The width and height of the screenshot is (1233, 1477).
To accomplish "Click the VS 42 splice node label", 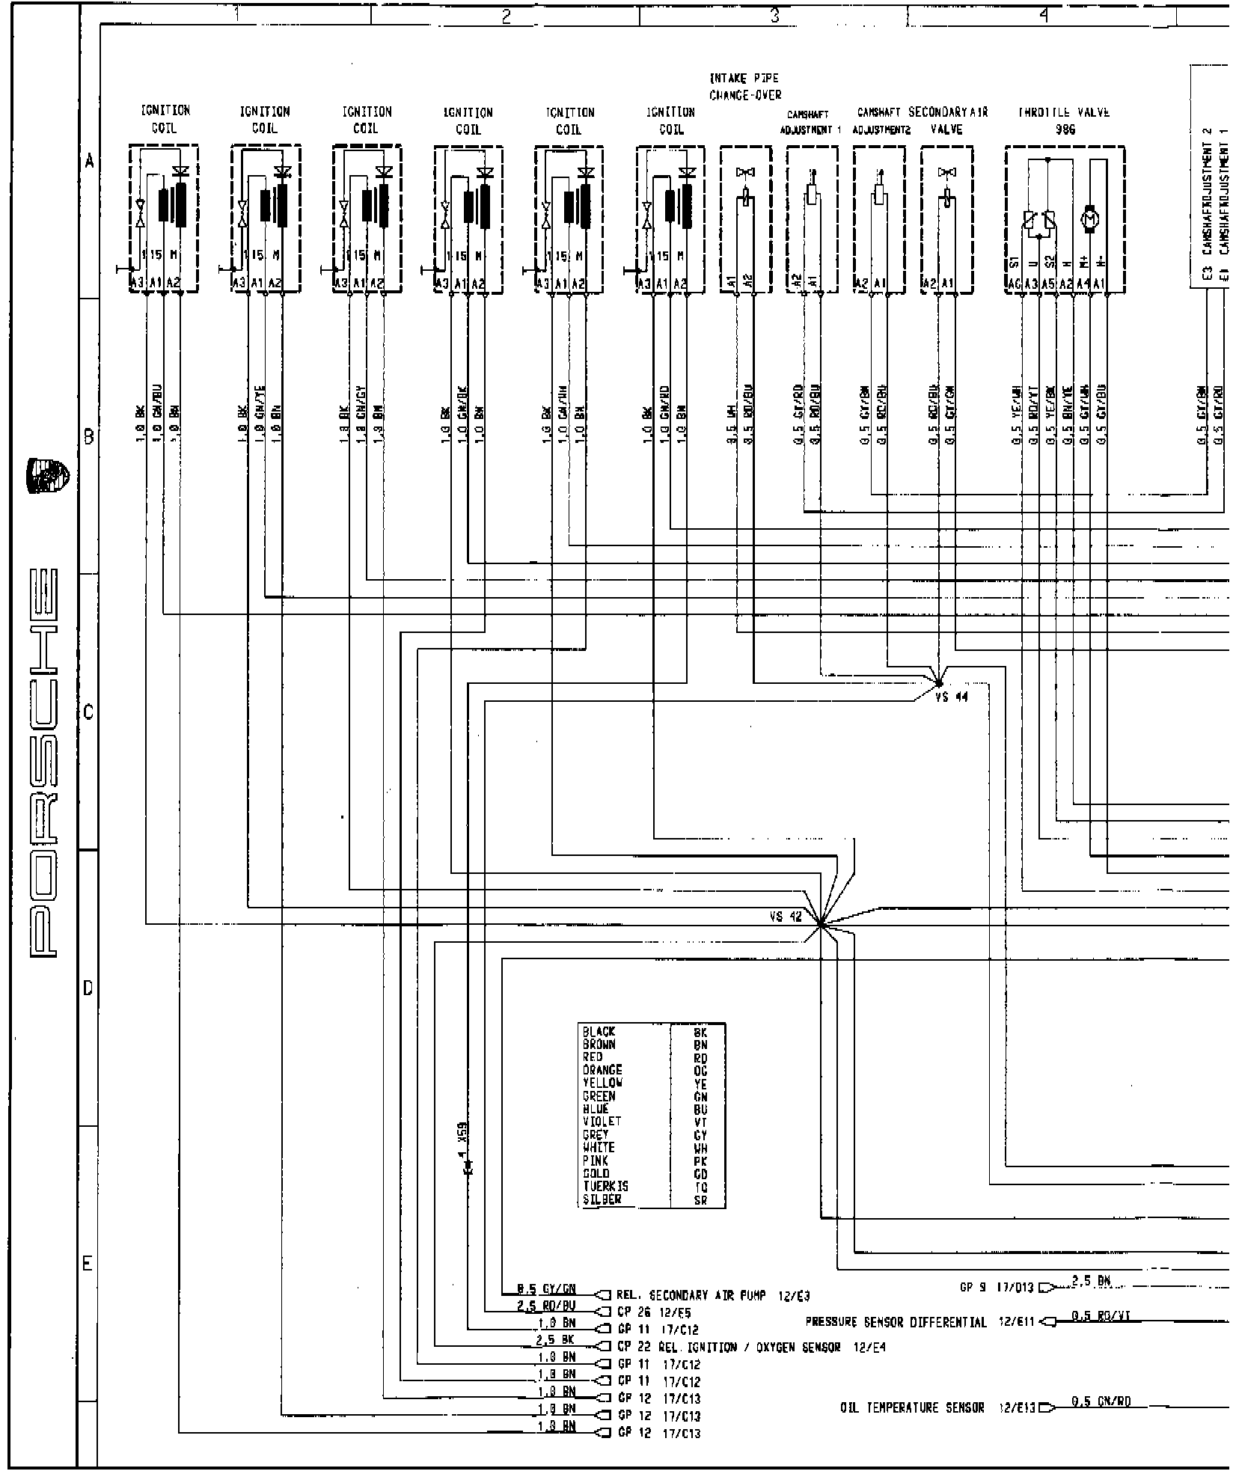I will click(785, 917).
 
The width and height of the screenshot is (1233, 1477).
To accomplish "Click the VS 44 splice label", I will click(951, 697).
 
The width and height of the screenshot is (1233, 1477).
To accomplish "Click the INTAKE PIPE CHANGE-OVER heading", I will click(744, 86).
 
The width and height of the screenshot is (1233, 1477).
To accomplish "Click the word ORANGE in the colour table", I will click(602, 1070).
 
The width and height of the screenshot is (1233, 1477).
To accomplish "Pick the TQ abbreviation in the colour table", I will click(700, 1208).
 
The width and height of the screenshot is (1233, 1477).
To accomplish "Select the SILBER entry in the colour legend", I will click(602, 1220).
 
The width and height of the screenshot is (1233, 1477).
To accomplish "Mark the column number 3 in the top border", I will click(775, 14).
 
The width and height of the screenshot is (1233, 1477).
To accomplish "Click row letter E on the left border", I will click(88, 1264).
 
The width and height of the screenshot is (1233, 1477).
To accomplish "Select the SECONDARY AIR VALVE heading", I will click(948, 120).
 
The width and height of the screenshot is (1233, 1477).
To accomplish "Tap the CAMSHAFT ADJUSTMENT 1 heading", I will click(810, 122).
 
